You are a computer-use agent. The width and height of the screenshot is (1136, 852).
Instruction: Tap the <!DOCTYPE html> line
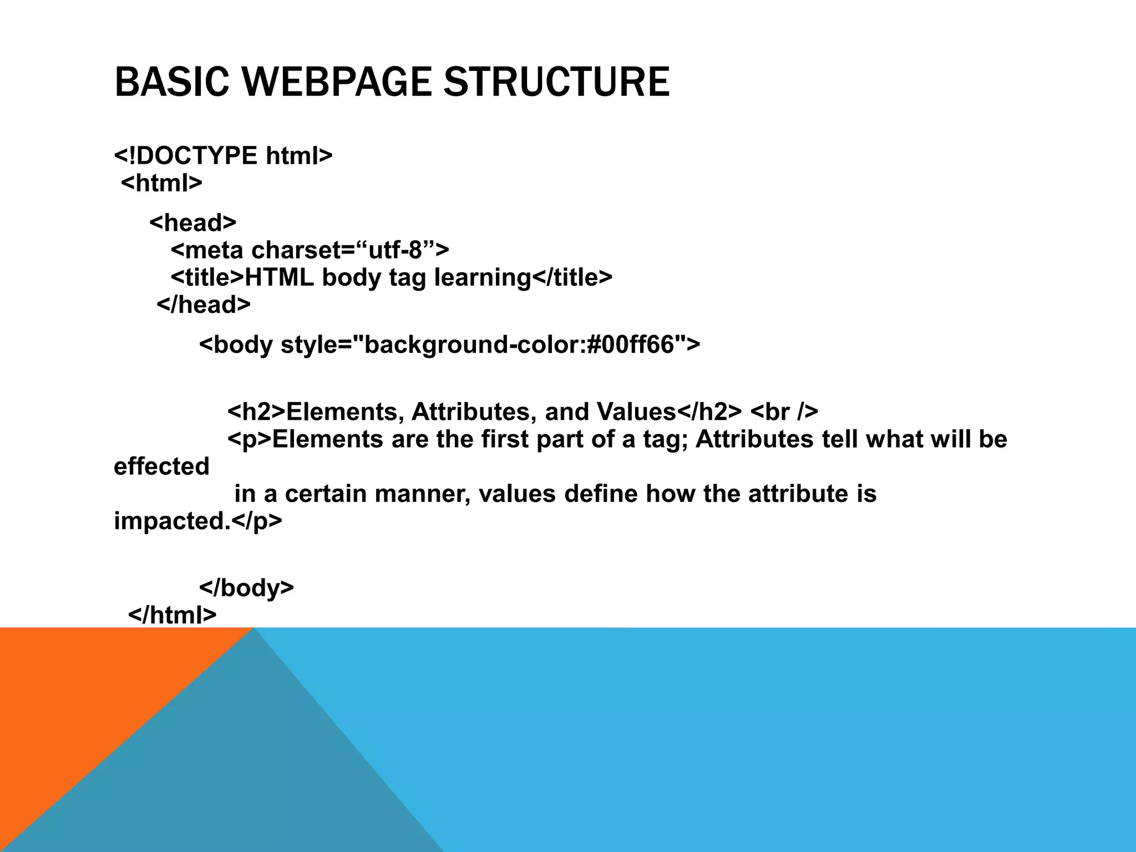coord(223,156)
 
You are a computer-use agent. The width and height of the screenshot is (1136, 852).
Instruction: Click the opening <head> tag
coord(192,223)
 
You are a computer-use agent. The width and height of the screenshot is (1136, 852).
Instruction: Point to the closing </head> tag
coord(204,305)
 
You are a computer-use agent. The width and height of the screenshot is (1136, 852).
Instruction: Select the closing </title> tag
coord(572,277)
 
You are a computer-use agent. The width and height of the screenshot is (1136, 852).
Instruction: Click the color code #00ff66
coord(630,345)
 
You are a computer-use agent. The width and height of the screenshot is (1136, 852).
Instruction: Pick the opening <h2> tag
coord(256,412)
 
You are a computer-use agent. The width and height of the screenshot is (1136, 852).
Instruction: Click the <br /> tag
coord(784,412)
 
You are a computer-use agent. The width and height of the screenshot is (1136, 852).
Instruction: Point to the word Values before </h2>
coord(636,412)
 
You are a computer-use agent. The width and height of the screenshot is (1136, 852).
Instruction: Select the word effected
coord(161,466)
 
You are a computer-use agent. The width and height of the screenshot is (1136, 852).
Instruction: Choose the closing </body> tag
coord(246,587)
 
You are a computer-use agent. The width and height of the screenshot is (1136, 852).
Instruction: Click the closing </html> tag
coord(172,615)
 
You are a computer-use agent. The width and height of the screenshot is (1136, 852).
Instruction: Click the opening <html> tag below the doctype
coord(161,183)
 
